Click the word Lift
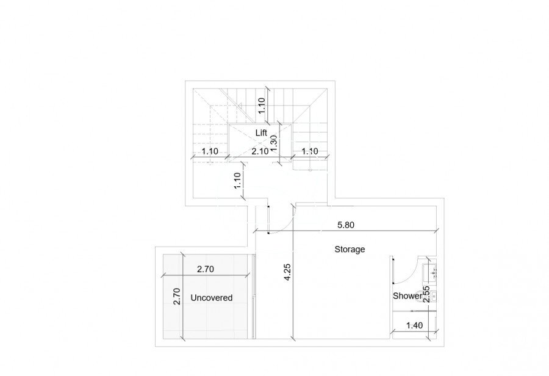click(261, 133)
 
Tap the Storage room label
click(350, 249)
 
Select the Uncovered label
click(212, 297)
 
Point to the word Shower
click(407, 296)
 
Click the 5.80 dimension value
click(346, 225)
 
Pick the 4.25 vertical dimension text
click(287, 272)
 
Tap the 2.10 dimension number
click(260, 151)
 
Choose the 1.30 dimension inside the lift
click(274, 143)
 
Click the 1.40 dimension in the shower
click(414, 325)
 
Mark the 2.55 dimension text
click(426, 294)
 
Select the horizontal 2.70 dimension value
click(205, 269)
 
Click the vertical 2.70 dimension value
click(177, 296)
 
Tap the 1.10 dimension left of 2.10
click(210, 151)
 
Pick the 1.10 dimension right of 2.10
click(310, 151)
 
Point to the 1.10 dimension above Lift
click(262, 106)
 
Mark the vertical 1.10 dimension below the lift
click(238, 181)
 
